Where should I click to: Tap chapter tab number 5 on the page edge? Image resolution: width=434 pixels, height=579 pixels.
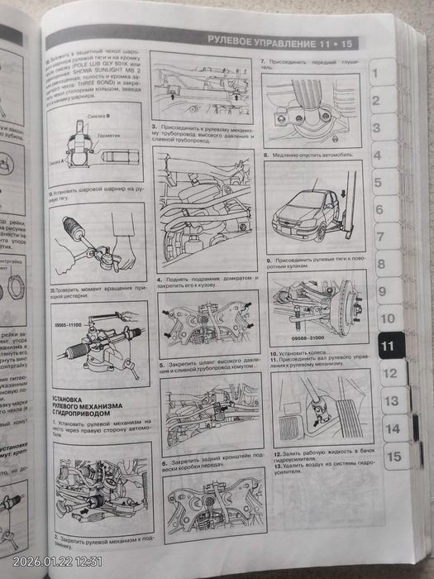coord(377,183)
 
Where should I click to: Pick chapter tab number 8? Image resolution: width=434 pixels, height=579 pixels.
coord(380,264)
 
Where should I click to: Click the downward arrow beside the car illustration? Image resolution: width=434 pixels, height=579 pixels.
coord(341,196)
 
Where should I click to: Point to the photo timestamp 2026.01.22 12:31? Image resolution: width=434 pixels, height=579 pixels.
coord(54,562)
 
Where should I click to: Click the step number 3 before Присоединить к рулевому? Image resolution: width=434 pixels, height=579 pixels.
coord(155,127)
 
